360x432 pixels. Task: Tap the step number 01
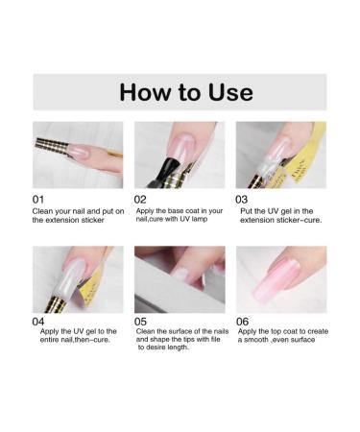click(x=41, y=199)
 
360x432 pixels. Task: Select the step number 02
click(x=140, y=199)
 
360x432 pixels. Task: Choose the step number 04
click(x=41, y=323)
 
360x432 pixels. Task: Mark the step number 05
click(x=142, y=323)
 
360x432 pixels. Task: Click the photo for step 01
click(x=78, y=154)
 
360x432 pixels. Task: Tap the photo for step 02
click(x=180, y=154)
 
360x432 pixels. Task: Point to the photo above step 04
click(x=78, y=278)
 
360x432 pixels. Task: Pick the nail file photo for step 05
click(x=180, y=278)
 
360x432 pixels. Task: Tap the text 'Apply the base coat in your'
click(x=179, y=211)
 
